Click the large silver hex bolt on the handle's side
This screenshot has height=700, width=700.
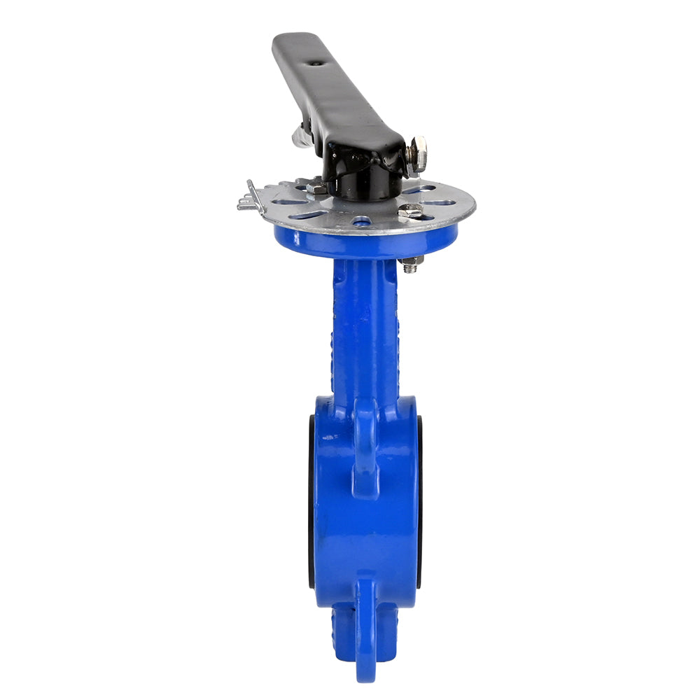coord(418,155)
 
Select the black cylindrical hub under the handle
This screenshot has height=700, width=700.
coord(364,185)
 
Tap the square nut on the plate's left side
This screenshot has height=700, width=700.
coord(316,188)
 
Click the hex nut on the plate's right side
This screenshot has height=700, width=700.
coord(411,211)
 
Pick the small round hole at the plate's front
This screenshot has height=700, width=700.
coord(362,222)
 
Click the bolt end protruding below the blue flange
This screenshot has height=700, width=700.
coord(412,265)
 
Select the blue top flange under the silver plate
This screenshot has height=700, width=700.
coord(364,241)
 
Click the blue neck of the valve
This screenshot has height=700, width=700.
coord(364,329)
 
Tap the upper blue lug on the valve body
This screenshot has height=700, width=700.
coord(365,448)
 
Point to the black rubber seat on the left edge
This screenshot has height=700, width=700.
coord(311,500)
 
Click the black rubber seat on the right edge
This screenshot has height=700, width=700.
coord(419,500)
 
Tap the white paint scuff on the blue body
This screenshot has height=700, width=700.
coord(329,437)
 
